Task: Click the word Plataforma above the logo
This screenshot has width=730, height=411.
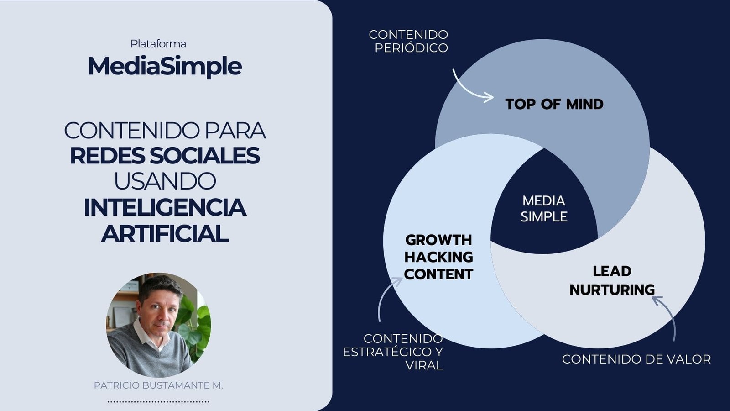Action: coord(158,44)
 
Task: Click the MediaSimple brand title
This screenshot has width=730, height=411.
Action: coord(165,67)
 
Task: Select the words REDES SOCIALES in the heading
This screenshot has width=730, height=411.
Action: coord(165,156)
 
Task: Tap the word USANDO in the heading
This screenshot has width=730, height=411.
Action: coord(165,181)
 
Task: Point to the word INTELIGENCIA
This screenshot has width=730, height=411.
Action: coord(165,207)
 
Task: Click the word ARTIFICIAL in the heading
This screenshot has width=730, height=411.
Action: coord(165,233)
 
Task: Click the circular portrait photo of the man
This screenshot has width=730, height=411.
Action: coord(159,325)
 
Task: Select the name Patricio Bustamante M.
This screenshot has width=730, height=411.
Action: coord(158,385)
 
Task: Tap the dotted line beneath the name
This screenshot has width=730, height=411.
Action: coord(158,402)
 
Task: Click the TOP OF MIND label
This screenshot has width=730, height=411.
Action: coord(554,105)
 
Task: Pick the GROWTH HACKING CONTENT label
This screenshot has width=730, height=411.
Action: coord(438,257)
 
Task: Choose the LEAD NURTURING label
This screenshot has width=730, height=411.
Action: coord(612,280)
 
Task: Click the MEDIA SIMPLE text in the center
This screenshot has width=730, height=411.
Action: coord(544,209)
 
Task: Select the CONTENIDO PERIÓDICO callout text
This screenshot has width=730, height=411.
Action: coord(409,41)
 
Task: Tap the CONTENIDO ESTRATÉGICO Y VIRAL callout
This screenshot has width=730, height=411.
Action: coord(393,352)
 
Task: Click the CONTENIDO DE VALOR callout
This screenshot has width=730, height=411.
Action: coord(636,359)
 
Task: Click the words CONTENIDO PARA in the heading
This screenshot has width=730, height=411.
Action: coord(165,131)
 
